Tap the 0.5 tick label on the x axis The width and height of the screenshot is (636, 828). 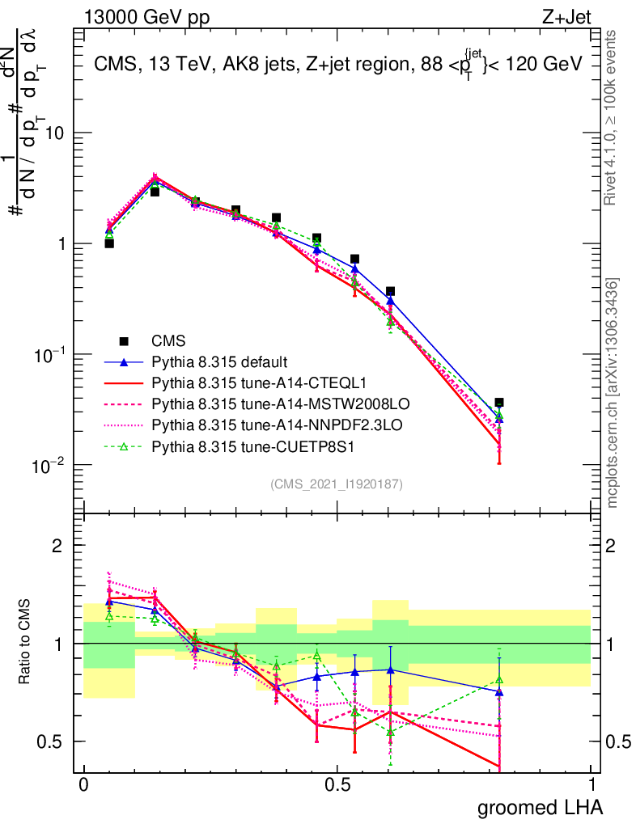[337, 784]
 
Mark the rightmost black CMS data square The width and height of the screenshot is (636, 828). [499, 402]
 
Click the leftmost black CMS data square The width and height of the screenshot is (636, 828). [109, 243]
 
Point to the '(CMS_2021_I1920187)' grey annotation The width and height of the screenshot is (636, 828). [337, 484]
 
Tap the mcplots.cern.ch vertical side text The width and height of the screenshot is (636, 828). [613, 392]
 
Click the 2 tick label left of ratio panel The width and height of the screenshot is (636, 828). [57, 546]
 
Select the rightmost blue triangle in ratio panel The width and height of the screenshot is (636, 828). [499, 692]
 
